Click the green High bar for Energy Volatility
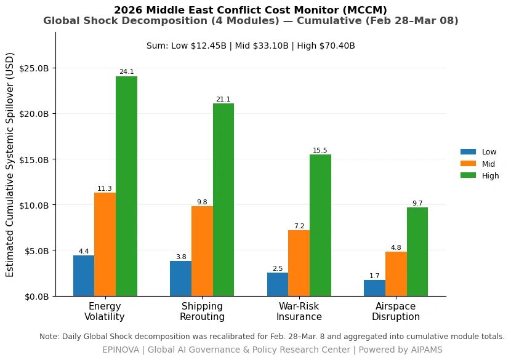[126, 186]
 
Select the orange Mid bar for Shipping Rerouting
[202, 251]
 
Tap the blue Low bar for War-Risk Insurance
[278, 284]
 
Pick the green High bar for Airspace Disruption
[417, 252]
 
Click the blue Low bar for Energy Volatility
[84, 276]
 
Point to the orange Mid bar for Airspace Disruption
[396, 274]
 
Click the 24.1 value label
[126, 71]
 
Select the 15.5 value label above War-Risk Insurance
[320, 150]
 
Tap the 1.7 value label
[374, 276]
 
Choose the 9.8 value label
[202, 202]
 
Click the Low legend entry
[479, 152]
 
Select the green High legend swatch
[468, 175]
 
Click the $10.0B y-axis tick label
[34, 206]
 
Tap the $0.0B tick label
[36, 297]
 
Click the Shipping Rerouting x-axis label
[202, 311]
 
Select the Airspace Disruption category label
[396, 311]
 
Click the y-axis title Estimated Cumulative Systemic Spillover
[10, 165]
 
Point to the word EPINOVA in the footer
[121, 350]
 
